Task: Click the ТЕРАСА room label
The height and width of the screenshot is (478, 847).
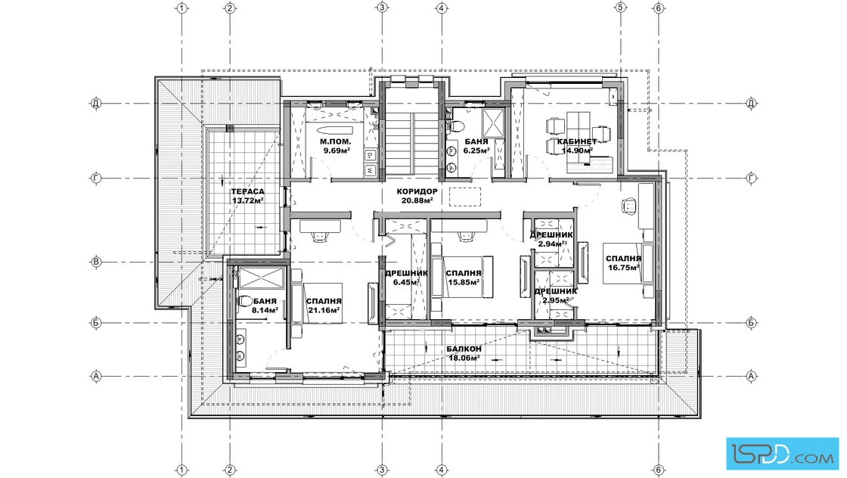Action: tap(248, 191)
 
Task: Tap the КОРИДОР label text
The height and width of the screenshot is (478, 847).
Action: tap(417, 191)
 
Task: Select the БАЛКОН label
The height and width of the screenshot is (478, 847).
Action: tap(464, 349)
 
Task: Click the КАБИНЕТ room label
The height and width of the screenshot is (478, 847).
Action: tap(577, 141)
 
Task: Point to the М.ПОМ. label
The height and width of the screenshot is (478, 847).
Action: tap(336, 141)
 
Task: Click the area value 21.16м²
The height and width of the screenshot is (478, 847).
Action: tap(324, 310)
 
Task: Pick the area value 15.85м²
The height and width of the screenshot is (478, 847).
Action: tap(464, 282)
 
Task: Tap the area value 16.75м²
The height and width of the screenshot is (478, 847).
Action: tap(623, 267)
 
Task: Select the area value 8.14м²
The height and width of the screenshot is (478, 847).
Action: tap(265, 310)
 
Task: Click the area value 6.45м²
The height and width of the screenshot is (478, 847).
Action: tap(406, 282)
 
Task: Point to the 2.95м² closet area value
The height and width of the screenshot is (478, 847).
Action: tap(556, 300)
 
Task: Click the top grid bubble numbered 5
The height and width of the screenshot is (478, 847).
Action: tap(620, 8)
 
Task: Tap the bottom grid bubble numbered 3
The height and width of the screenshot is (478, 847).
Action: tap(382, 470)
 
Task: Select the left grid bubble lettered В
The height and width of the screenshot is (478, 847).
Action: tap(96, 262)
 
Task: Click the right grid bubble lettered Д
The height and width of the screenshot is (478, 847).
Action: tap(751, 103)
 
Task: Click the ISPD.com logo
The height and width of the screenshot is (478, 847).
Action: tap(783, 453)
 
